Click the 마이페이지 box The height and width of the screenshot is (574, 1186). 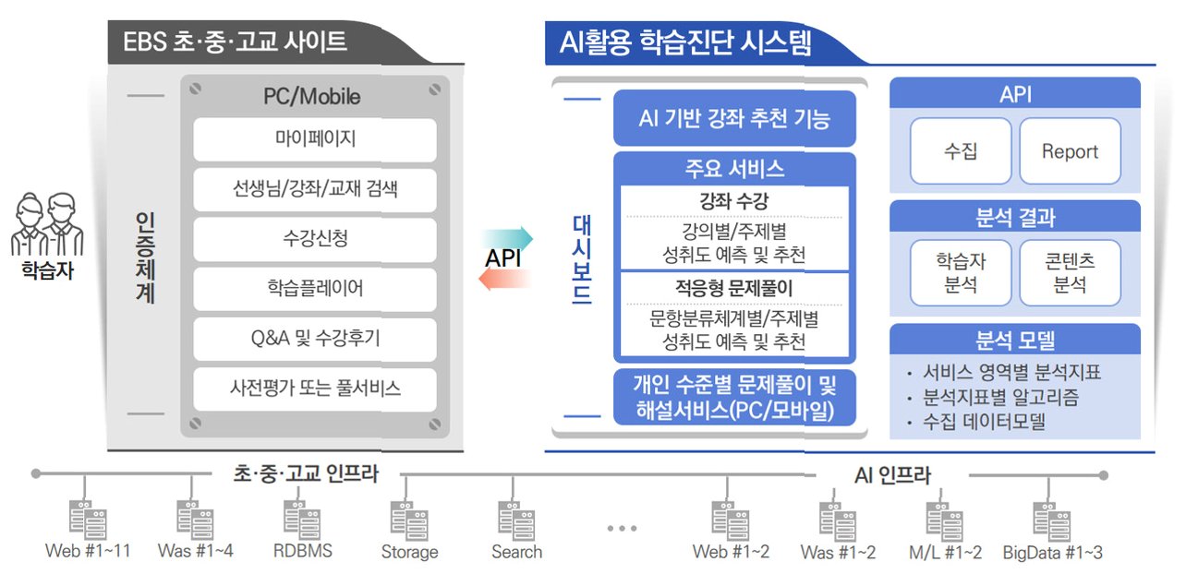click(x=315, y=139)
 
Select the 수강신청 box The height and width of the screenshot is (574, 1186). click(x=315, y=239)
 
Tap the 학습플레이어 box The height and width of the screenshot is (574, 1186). click(x=315, y=289)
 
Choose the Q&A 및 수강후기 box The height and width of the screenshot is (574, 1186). click(x=315, y=339)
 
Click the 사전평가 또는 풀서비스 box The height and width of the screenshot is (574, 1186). click(x=315, y=389)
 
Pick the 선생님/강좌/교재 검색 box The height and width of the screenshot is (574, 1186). click(x=315, y=189)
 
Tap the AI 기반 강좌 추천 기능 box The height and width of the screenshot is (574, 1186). click(x=734, y=118)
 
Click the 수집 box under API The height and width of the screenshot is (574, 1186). click(x=961, y=150)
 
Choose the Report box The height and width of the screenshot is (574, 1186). click(x=1070, y=150)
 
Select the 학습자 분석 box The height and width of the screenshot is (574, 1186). click(x=961, y=273)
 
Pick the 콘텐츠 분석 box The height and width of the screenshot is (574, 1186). click(x=1070, y=273)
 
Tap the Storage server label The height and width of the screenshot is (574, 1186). click(x=409, y=553)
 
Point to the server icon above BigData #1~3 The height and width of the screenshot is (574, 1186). click(x=1051, y=519)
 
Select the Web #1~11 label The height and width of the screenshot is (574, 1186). click(x=88, y=552)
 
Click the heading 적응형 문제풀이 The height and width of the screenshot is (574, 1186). click(x=734, y=288)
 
